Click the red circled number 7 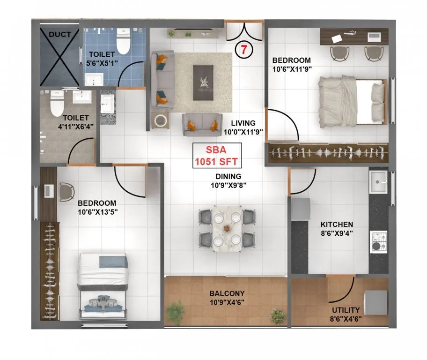click(x=242, y=50)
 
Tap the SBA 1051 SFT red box click(x=217, y=156)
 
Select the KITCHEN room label click(x=337, y=225)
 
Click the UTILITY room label click(x=346, y=310)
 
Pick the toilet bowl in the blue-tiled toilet click(x=123, y=42)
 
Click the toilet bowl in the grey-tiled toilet click(x=57, y=103)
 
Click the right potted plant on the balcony click(x=278, y=316)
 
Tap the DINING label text click(x=228, y=177)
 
